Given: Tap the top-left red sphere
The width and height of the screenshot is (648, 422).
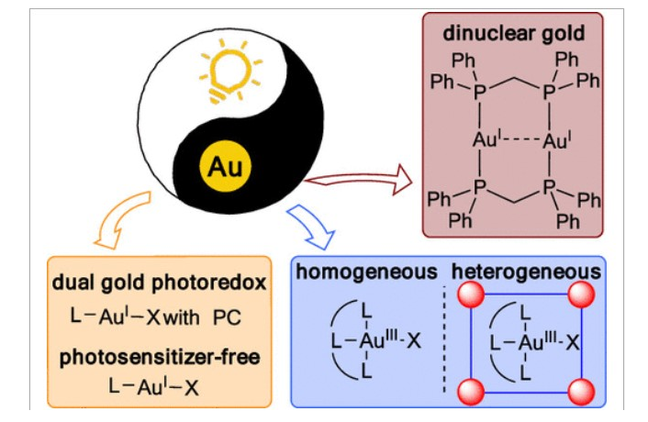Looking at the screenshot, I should click(x=471, y=296).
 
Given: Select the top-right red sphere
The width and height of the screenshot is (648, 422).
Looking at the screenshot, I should click(x=581, y=295).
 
